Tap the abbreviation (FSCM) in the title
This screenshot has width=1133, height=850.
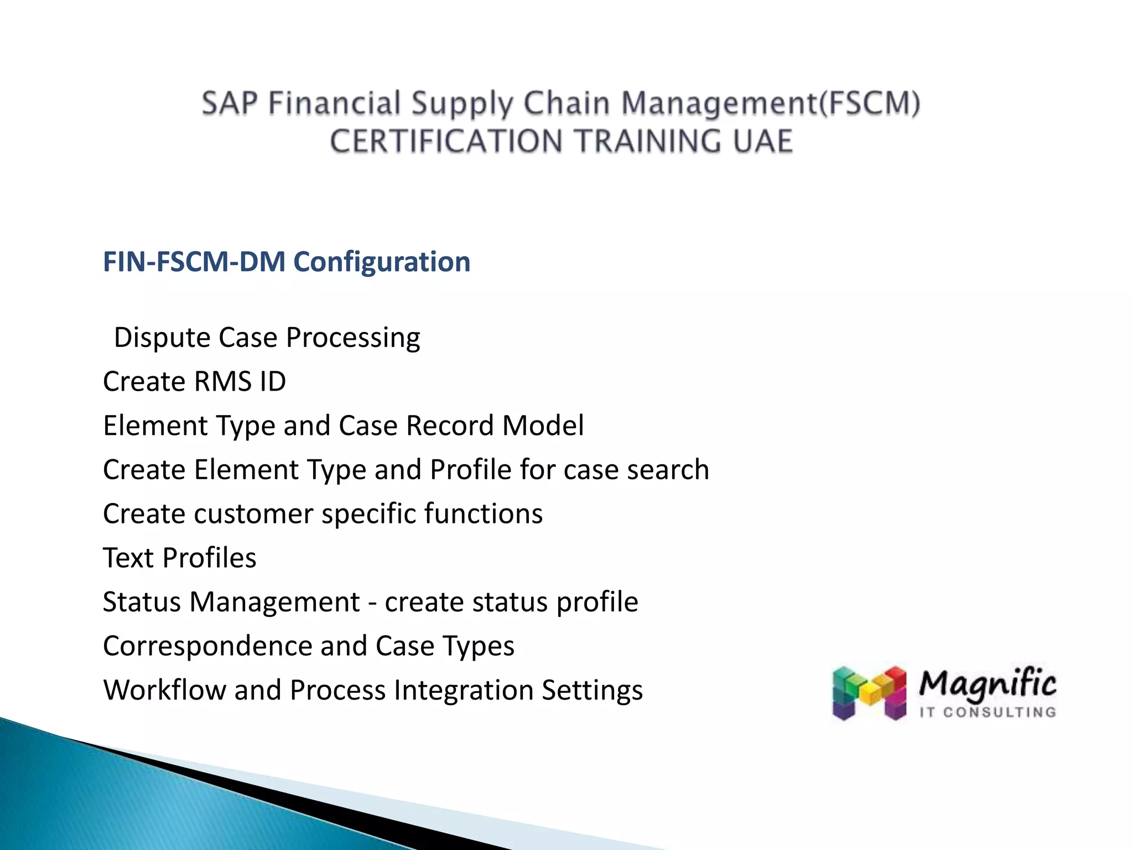coord(870,103)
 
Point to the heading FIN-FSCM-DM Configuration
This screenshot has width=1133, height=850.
coord(287,262)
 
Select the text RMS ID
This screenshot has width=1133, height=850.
coord(240,382)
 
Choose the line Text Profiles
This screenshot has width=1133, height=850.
coord(180,558)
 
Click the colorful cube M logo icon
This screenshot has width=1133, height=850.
coord(869,693)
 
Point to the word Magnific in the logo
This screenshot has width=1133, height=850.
coord(988,685)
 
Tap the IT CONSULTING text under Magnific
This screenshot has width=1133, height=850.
coord(988,712)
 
